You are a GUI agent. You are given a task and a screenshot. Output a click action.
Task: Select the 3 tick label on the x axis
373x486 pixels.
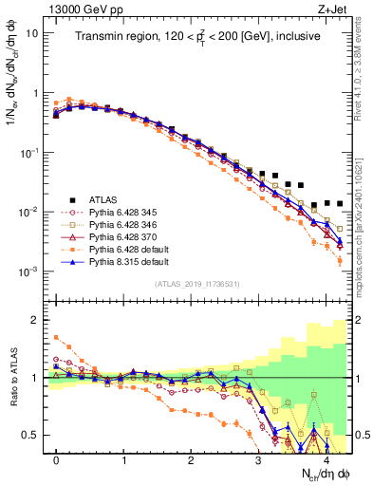[258, 459]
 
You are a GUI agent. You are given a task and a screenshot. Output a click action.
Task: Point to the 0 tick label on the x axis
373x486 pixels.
[57, 459]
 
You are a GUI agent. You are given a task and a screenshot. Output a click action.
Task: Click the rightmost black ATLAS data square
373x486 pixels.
[339, 204]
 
